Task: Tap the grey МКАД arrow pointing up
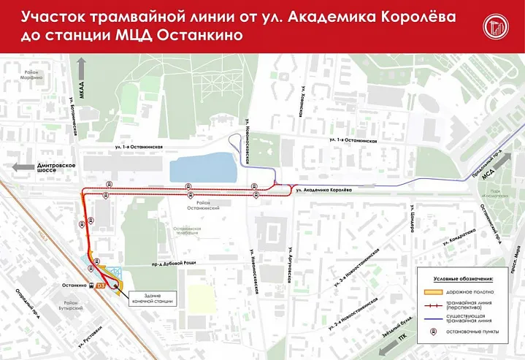pyautogui.click(x=82, y=72)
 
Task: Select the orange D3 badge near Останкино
pyautogui.click(x=101, y=285)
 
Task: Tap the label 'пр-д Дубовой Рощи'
pyautogui.click(x=161, y=267)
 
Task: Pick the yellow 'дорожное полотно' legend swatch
pyautogui.click(x=434, y=291)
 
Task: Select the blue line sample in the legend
pyautogui.click(x=434, y=317)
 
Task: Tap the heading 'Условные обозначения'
pyautogui.click(x=464, y=278)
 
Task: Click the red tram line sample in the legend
pyautogui.click(x=434, y=305)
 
